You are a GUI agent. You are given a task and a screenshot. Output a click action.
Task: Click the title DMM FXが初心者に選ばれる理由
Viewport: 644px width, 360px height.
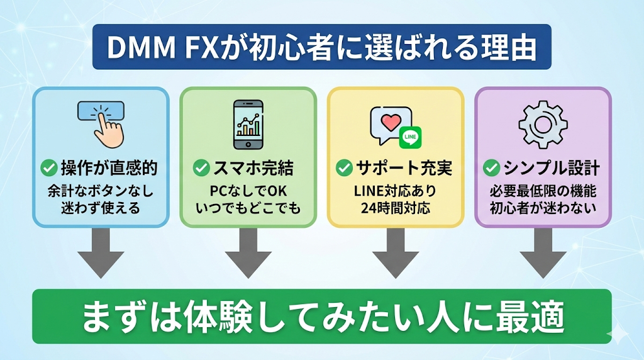[x=321, y=47]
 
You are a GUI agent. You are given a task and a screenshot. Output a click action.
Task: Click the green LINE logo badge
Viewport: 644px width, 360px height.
[x=410, y=136]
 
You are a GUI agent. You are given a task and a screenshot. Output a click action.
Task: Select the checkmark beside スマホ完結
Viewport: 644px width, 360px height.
[x=201, y=168]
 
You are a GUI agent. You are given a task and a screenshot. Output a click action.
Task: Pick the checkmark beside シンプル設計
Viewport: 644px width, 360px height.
[x=491, y=168]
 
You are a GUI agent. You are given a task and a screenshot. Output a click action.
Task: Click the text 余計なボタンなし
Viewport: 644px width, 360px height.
[x=101, y=189]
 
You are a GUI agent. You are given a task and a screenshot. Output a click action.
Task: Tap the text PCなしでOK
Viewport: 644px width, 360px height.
[x=248, y=189]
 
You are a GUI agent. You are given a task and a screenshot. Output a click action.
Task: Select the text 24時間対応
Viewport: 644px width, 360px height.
[x=396, y=207]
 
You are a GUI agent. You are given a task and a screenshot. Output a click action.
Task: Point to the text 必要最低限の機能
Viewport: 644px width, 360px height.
[x=542, y=189]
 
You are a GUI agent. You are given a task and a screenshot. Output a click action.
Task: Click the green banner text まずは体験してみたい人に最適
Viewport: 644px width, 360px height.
[x=321, y=317]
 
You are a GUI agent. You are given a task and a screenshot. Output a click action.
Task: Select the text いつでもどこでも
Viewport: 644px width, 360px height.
[x=248, y=207]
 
